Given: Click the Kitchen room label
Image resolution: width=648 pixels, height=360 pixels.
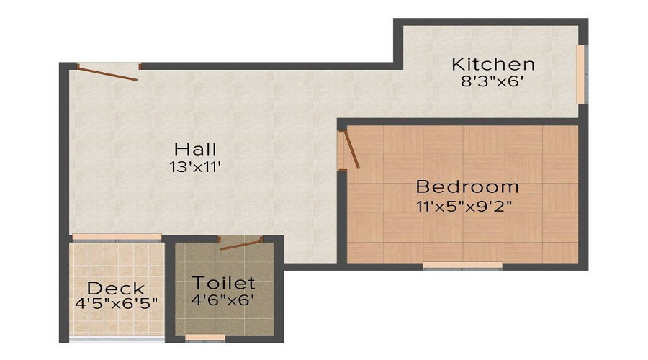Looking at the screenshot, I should tap(492, 64).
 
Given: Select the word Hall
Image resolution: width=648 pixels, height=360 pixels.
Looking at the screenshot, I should tap(195, 150).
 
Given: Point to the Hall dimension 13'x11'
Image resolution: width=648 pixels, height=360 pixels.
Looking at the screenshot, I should tap(195, 167).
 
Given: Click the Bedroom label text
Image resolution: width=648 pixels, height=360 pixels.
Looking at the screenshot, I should tap(467, 187).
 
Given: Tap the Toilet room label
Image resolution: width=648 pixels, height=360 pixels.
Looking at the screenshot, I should tap(223, 282).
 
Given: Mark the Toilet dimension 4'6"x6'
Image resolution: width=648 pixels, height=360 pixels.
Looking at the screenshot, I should tap(223, 300).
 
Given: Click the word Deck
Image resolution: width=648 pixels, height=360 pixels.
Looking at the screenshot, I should tap(116, 289).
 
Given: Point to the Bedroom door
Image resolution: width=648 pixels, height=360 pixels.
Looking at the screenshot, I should tap(350, 150).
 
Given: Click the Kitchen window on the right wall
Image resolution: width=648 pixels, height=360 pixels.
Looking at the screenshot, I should tap(581, 74).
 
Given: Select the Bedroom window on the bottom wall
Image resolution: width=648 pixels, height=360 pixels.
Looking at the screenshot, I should tap(462, 266).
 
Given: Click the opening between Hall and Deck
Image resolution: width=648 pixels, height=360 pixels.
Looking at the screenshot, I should tap(116, 237).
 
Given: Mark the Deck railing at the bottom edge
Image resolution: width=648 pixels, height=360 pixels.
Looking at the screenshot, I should tap(116, 338).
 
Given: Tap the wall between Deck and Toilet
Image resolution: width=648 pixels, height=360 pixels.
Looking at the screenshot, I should tap(169, 288).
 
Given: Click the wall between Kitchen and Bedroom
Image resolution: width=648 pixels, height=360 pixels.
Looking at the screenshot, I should tap(461, 121).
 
